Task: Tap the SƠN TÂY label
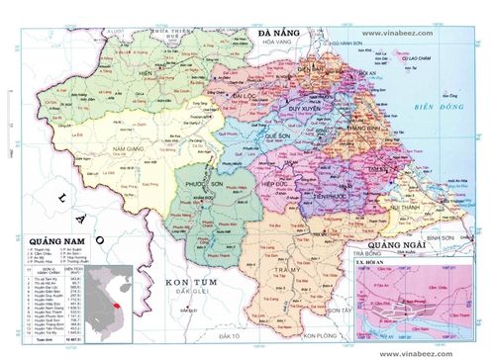pyautogui.click(x=343, y=312)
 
